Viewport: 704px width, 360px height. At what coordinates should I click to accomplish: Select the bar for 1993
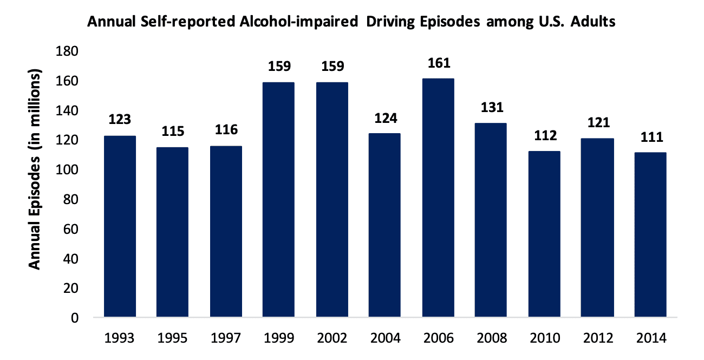tap(120, 227)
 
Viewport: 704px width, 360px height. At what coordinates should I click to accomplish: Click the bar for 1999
tap(279, 200)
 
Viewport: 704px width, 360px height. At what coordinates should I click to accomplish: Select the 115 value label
tap(173, 132)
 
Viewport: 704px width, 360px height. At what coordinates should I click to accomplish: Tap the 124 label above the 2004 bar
tap(385, 118)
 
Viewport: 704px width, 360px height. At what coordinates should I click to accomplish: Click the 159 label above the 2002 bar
tap(332, 67)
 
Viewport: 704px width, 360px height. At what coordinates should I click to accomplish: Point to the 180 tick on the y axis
tap(68, 51)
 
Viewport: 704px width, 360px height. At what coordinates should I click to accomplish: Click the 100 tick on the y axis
tap(68, 170)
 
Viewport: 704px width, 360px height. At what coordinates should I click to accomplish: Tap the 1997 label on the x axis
tap(226, 338)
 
